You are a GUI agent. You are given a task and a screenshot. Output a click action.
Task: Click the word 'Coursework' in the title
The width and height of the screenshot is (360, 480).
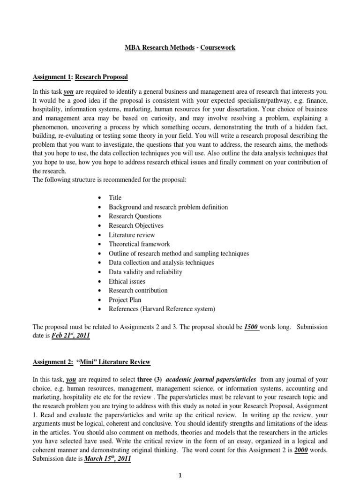[218, 48]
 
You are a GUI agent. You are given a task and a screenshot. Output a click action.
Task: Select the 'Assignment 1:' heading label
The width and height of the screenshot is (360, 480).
[51, 77]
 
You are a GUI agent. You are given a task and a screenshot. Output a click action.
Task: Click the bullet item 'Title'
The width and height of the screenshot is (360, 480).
[115, 198]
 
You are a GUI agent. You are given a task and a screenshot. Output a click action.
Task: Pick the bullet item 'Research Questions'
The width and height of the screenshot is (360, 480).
[135, 216]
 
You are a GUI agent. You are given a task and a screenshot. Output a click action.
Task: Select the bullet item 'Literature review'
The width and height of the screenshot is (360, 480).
[132, 235]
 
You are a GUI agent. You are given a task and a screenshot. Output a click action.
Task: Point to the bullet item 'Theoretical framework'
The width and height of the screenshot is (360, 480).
[139, 244]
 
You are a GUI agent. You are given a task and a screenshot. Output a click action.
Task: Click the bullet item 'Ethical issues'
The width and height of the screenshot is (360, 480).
[127, 281]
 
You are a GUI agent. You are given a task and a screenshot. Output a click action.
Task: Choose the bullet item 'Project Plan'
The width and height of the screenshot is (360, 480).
[125, 300]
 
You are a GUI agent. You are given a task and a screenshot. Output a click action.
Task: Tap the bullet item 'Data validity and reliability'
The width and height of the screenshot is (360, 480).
[145, 272]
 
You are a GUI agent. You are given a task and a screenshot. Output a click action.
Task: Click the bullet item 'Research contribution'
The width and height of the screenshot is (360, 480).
[138, 291]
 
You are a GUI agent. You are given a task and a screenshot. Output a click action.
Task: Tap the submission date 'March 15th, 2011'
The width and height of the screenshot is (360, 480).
[107, 460]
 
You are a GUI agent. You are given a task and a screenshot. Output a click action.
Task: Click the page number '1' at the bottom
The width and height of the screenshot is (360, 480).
[180, 475]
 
